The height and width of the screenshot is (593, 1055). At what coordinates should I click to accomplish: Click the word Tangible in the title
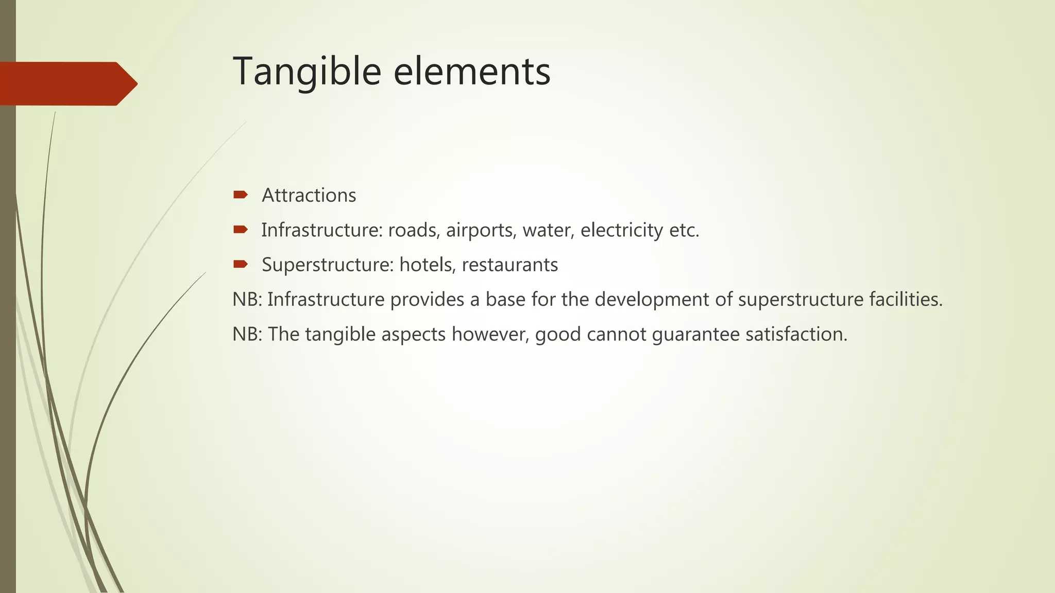click(307, 72)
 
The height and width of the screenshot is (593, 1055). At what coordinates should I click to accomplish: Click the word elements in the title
click(472, 72)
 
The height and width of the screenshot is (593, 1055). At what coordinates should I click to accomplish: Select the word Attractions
click(309, 196)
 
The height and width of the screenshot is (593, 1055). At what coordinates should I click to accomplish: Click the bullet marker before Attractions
click(240, 195)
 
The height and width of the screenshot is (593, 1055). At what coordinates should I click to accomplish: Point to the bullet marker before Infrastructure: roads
click(240, 230)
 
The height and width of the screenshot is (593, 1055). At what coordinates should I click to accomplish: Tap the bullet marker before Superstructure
click(240, 265)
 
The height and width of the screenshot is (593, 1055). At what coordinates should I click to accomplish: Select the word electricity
click(621, 231)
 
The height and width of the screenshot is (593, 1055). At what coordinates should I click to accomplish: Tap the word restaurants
click(509, 265)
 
